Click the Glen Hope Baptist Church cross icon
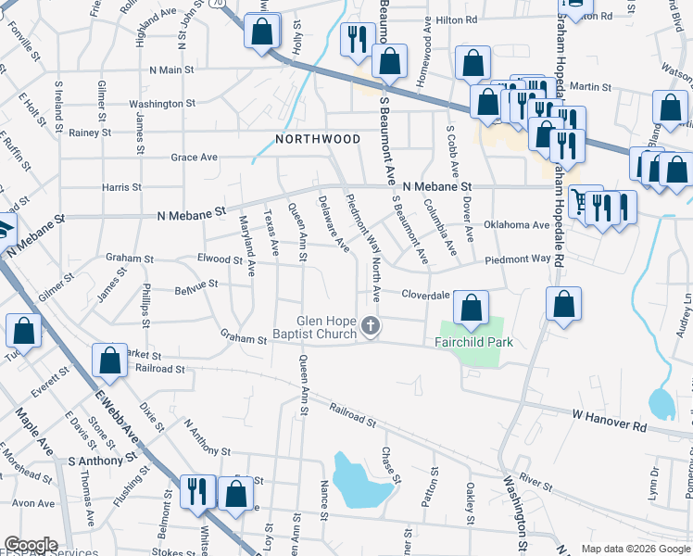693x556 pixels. pyautogui.click(x=371, y=325)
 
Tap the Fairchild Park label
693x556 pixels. pyautogui.click(x=473, y=342)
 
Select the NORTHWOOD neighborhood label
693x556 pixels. pyautogui.click(x=318, y=139)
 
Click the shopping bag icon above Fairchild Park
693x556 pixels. pyautogui.click(x=472, y=310)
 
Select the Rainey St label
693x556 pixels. pyautogui.click(x=90, y=133)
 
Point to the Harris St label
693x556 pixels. pyautogui.click(x=121, y=187)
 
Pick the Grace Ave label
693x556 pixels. pyautogui.click(x=194, y=158)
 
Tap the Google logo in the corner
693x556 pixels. pyautogui.click(x=31, y=545)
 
